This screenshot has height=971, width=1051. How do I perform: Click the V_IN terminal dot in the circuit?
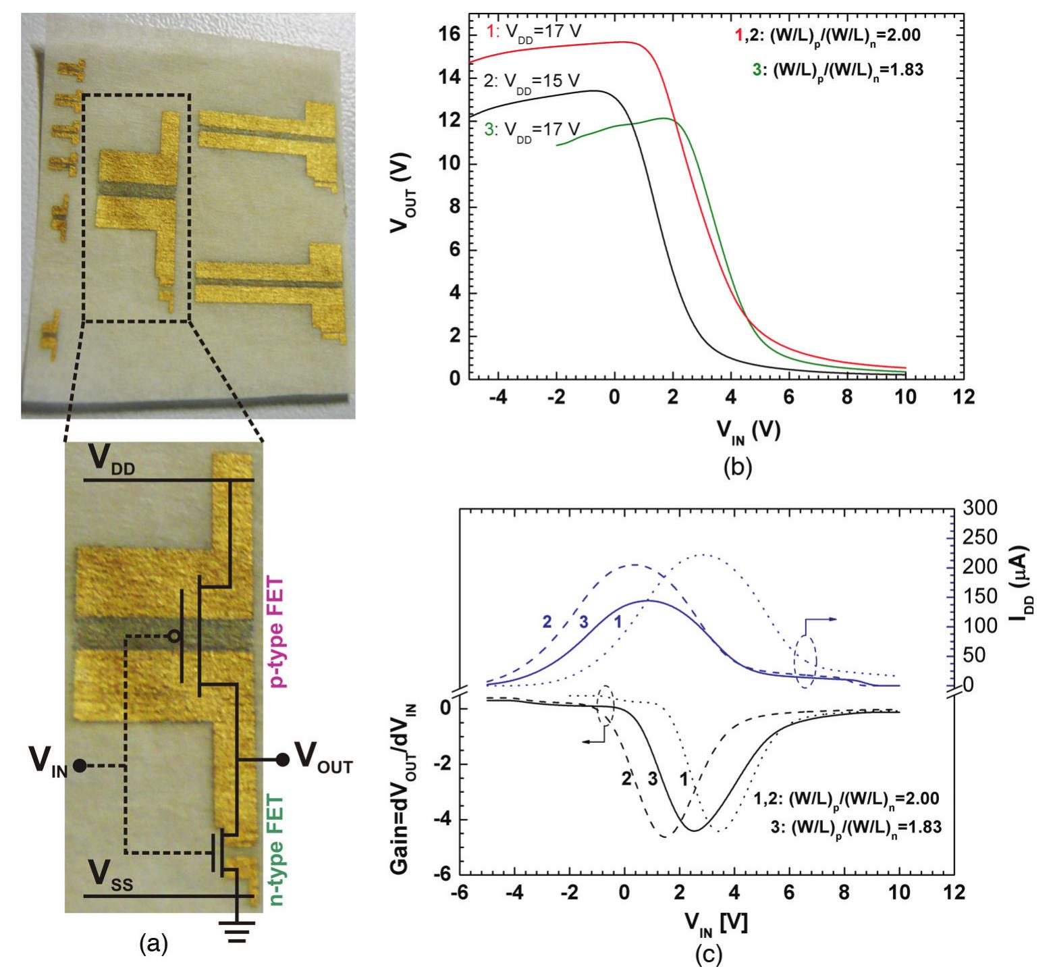tap(80, 766)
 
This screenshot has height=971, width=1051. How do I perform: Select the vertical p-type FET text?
tap(276, 632)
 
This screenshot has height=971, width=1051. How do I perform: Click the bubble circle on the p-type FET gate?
tap(174, 635)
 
